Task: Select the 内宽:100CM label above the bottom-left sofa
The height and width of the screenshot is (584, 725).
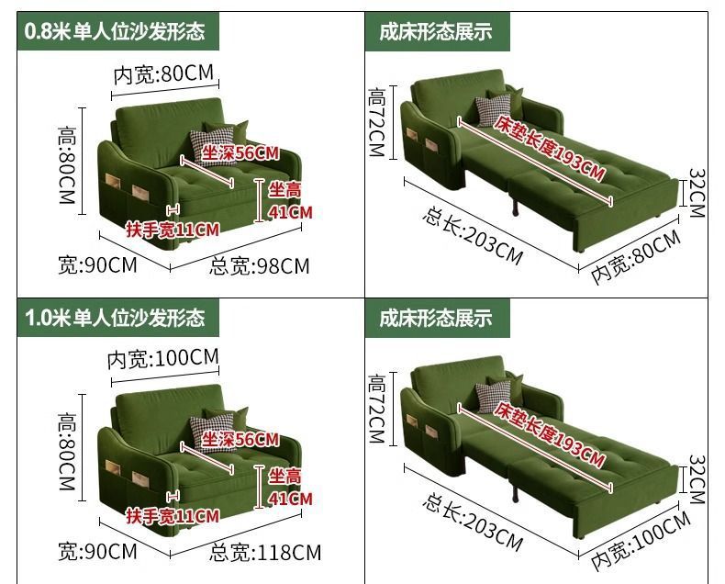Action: [163, 357]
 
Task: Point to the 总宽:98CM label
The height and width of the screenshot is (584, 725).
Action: [260, 266]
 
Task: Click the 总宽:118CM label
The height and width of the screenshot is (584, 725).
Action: [265, 552]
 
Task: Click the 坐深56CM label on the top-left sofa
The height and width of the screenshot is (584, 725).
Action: [240, 153]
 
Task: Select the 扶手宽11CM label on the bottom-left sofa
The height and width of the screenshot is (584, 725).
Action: [173, 516]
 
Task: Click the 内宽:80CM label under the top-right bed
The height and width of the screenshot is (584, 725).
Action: [636, 256]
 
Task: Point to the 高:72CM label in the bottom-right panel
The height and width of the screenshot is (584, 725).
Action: [377, 407]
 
